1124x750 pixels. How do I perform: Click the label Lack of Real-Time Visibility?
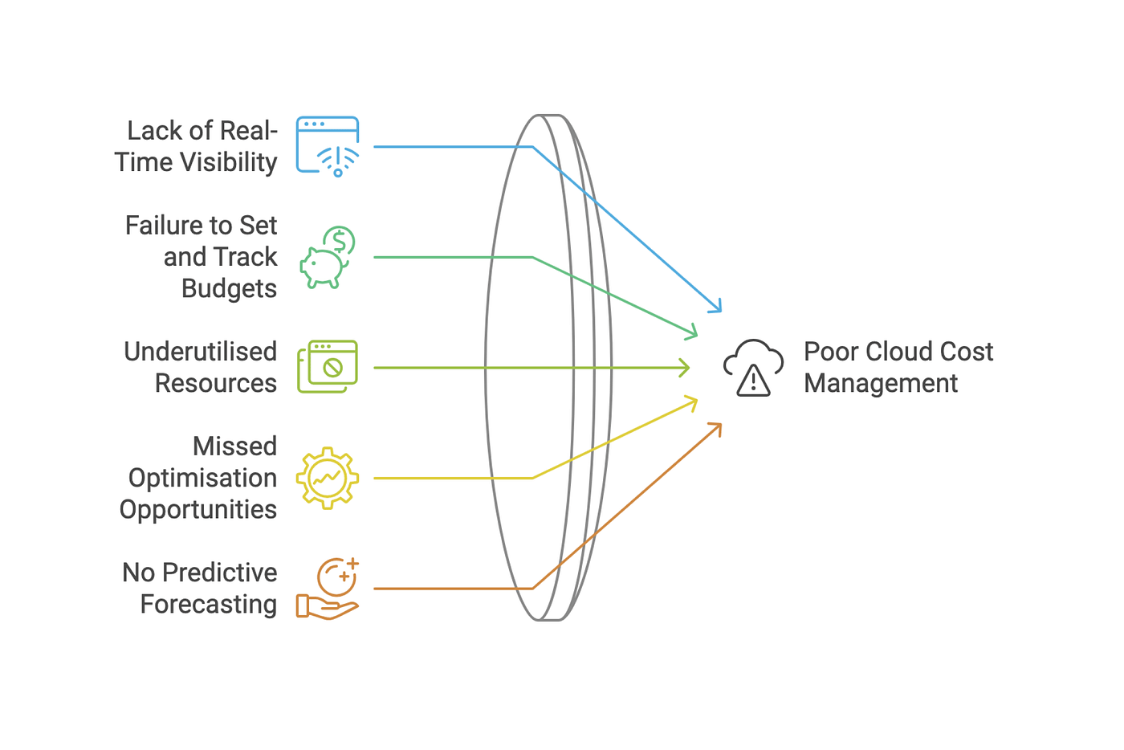[x=197, y=146]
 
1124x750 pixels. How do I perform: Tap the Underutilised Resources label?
[x=201, y=368]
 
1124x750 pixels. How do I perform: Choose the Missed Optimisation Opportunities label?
[x=199, y=478]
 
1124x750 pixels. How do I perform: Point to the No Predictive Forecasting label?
[x=201, y=588]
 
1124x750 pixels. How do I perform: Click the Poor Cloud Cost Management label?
[x=898, y=367]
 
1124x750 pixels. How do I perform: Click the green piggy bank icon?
[x=322, y=267]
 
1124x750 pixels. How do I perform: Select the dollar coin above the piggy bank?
[x=340, y=241]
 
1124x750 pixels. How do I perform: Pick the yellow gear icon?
[x=328, y=478]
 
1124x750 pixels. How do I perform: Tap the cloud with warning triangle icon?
[x=753, y=368]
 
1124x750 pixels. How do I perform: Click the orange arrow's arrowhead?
[x=717, y=427]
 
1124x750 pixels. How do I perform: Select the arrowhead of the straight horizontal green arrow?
[x=685, y=368]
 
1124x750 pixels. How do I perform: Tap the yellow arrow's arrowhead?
[x=692, y=401]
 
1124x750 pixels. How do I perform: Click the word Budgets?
[x=229, y=288]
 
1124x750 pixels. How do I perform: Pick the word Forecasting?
[x=209, y=604]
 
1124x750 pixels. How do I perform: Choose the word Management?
[x=881, y=384]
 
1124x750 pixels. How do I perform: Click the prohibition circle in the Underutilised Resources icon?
[x=332, y=368]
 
